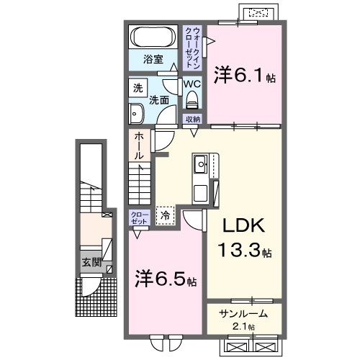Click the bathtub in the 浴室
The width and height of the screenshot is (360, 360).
pos(153,37)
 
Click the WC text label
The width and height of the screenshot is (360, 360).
pos(191,84)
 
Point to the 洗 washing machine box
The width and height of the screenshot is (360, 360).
pos(138,89)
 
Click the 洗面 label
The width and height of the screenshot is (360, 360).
pos(159,101)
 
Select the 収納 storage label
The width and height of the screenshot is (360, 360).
pos(192,120)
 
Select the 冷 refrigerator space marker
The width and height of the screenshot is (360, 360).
pos(165,215)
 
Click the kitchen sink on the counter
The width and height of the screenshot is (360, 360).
pos(199,167)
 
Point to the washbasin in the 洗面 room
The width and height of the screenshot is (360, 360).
pos(136,112)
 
